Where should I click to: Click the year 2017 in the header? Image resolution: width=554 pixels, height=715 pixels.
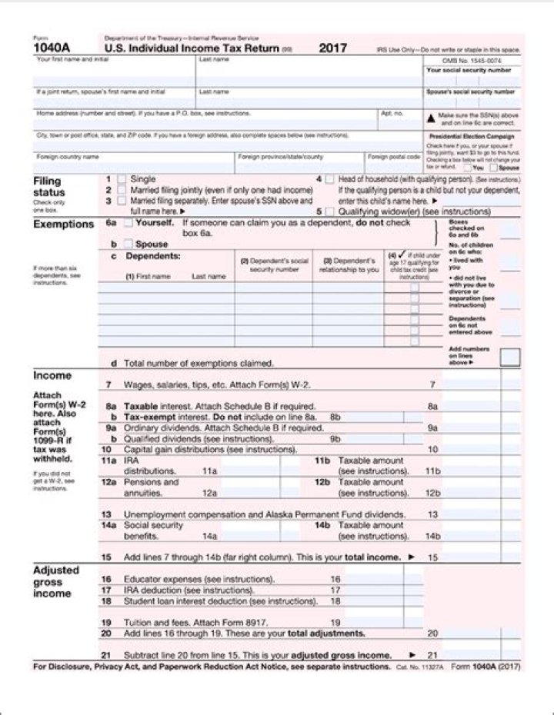[332, 48]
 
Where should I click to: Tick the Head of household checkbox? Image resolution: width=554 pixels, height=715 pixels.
[329, 179]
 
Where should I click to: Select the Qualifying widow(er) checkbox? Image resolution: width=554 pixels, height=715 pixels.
[329, 211]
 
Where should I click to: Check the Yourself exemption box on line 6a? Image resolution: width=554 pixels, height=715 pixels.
[128, 223]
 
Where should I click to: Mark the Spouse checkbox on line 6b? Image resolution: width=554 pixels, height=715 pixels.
[128, 244]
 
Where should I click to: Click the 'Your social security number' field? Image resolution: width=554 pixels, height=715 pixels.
[472, 81]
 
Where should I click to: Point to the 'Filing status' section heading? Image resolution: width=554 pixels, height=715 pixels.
[49, 187]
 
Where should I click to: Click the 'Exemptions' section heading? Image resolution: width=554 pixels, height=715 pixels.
[63, 224]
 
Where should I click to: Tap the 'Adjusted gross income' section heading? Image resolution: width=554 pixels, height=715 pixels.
[56, 582]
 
